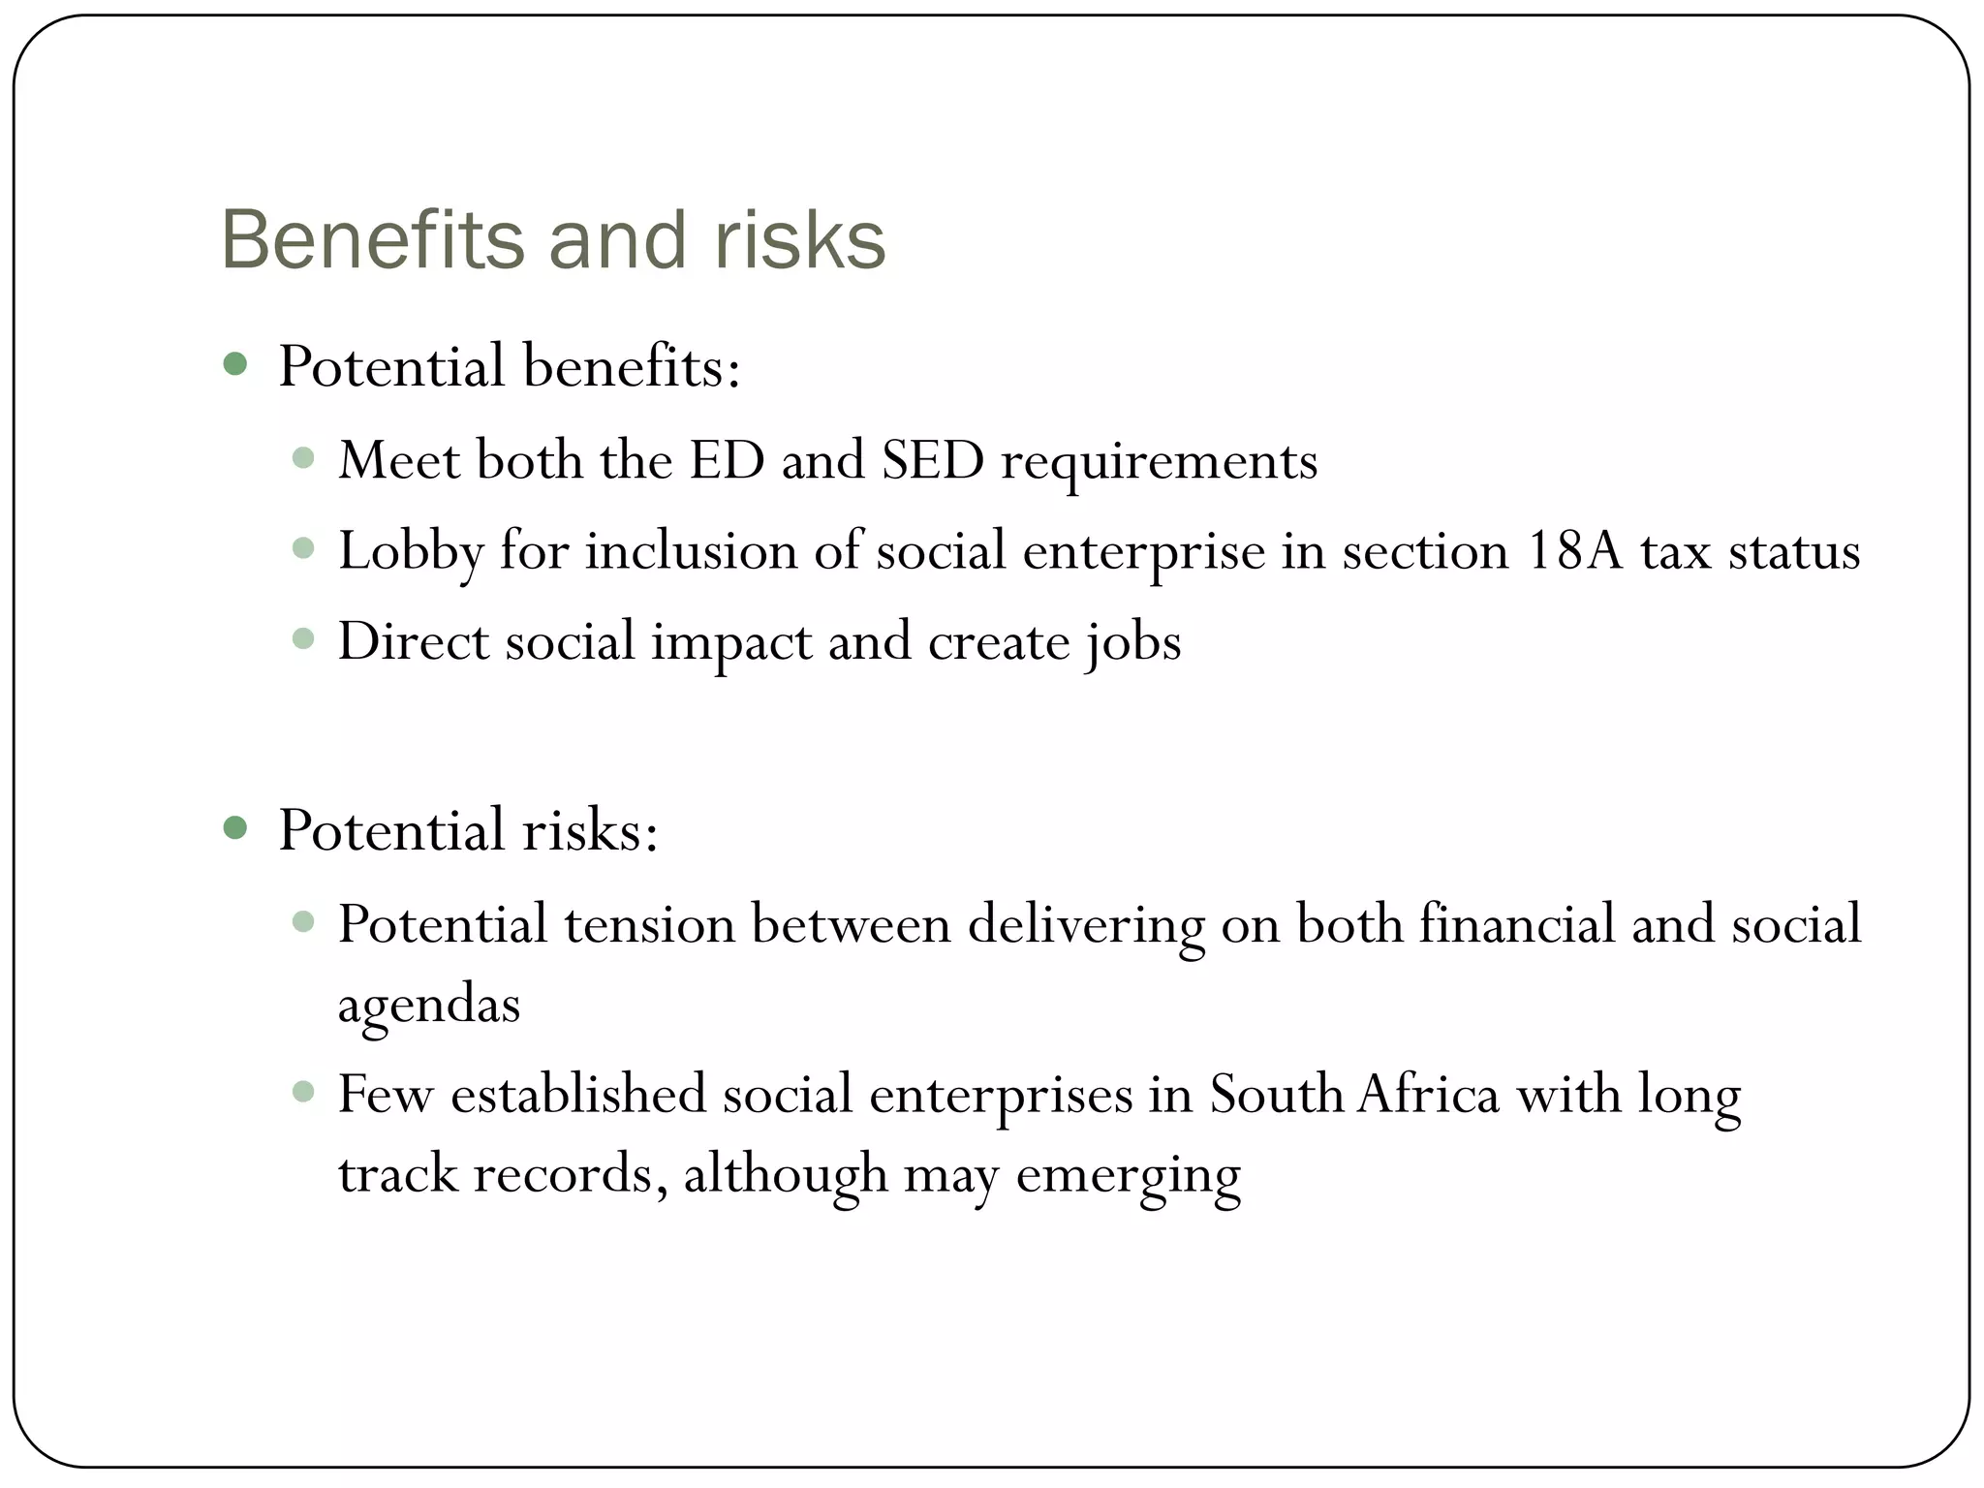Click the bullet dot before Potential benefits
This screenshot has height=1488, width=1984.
234,364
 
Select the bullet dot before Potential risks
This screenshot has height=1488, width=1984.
234,828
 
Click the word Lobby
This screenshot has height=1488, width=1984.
411,552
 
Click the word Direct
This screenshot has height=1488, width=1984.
414,641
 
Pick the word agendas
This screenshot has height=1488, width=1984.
429,1005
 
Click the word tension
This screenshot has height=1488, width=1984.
649,923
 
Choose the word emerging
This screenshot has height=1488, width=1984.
1129,1175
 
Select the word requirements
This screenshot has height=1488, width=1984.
1159,461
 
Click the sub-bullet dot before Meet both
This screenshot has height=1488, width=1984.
303,457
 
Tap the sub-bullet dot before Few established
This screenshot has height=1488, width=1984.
303,1092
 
